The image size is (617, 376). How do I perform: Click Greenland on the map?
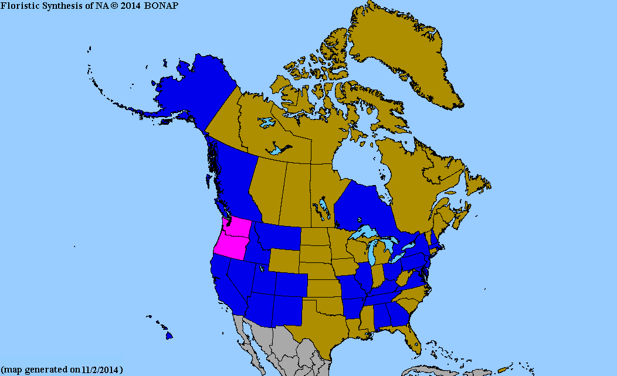(405, 53)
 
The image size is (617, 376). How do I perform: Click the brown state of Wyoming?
(284, 261)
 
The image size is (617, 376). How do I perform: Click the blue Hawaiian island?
(169, 336)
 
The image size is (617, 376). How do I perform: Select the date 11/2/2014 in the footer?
(103, 370)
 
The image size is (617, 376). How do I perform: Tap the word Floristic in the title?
(18, 5)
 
